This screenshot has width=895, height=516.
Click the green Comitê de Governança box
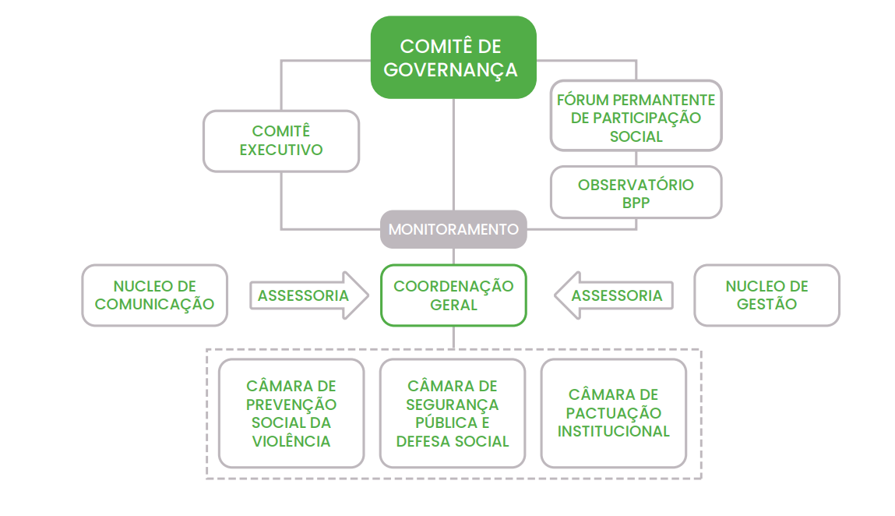pyautogui.click(x=453, y=58)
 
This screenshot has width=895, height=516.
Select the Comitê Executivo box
pyautogui.click(x=281, y=141)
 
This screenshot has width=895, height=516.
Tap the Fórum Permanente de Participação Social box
pyautogui.click(x=636, y=115)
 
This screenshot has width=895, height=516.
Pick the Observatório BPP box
pyautogui.click(x=636, y=192)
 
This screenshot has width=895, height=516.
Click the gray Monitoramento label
pyautogui.click(x=453, y=229)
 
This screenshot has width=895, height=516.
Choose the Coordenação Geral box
pyautogui.click(x=453, y=295)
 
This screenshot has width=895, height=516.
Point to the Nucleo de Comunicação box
pyautogui.click(x=154, y=295)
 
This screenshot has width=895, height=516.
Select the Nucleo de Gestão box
pyautogui.click(x=766, y=295)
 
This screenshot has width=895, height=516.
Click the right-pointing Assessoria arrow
pyautogui.click(x=308, y=295)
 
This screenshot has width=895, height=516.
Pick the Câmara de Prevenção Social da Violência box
pyautogui.click(x=291, y=413)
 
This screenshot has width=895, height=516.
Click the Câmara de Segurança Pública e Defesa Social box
pyautogui.click(x=453, y=413)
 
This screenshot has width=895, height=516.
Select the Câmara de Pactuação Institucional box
pyautogui.click(x=614, y=413)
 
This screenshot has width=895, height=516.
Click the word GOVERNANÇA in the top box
pyautogui.click(x=451, y=69)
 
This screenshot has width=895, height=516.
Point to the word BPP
pyautogui.click(x=636, y=202)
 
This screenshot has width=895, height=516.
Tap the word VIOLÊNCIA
pyautogui.click(x=291, y=441)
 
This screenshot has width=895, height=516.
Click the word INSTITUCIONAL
pyautogui.click(x=614, y=431)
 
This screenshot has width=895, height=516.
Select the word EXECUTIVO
pyautogui.click(x=281, y=150)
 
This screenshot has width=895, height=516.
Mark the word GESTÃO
pyautogui.click(x=766, y=304)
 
